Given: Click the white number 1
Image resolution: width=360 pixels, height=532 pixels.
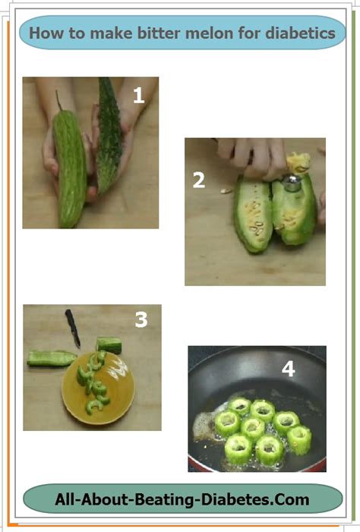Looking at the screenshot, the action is (138, 96).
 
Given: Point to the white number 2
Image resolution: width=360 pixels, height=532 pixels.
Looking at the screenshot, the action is (199, 180).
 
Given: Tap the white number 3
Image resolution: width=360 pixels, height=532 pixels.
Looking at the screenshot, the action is (141, 320).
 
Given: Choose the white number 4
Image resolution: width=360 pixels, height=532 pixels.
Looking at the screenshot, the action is (288, 369).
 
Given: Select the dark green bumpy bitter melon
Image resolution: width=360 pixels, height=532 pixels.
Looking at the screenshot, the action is (109, 136).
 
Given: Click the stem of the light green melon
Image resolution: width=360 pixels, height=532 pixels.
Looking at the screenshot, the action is (58, 100).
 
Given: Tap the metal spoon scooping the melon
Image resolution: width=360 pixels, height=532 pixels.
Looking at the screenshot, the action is (292, 183).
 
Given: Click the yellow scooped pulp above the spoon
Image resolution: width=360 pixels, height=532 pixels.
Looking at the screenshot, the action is (298, 163).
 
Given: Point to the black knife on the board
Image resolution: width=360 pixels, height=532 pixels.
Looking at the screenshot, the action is (73, 329).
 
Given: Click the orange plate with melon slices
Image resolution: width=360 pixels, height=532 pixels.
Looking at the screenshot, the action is (98, 388).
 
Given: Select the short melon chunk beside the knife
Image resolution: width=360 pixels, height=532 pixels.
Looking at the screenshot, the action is (109, 345).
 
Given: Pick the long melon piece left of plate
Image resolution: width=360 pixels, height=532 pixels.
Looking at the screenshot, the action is (52, 359).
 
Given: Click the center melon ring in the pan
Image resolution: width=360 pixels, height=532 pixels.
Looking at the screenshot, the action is (253, 428).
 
